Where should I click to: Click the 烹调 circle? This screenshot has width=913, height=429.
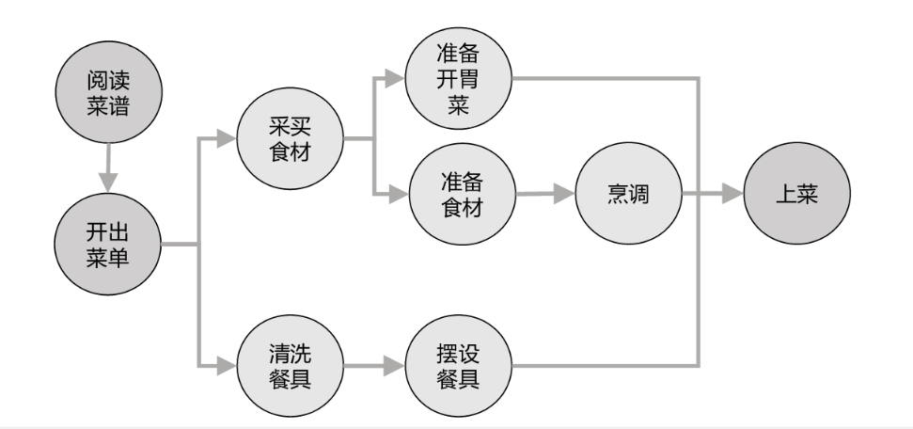pos(627,196)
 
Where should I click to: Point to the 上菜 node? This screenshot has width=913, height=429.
pos(796,196)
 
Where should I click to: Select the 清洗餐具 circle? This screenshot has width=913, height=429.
pos(290,363)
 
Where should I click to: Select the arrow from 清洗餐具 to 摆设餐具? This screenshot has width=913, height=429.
pos(374,363)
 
